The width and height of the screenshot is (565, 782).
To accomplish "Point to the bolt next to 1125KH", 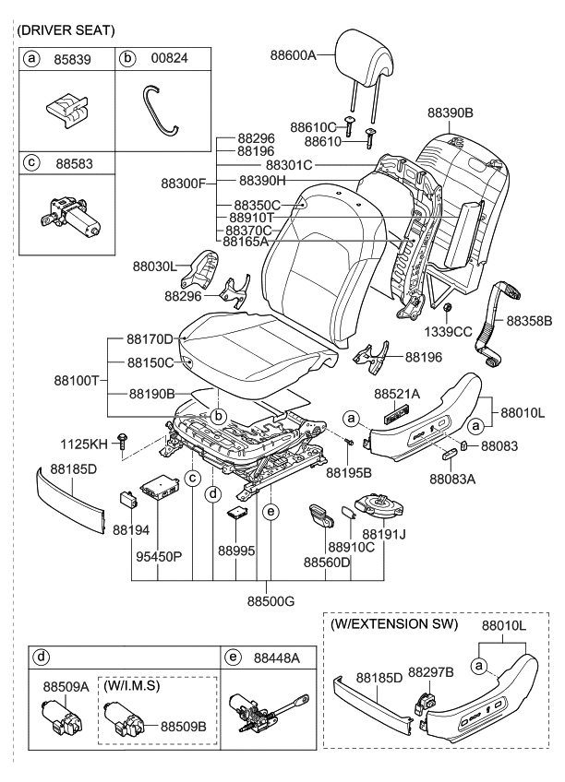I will pos(122,445).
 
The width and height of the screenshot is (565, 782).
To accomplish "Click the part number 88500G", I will pos(270,601).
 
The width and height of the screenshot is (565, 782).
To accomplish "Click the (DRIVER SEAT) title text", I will pos(65,30).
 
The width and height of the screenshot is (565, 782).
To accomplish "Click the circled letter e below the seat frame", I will pos(270,510).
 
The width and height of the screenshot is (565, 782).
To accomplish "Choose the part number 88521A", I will pos(397,394).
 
